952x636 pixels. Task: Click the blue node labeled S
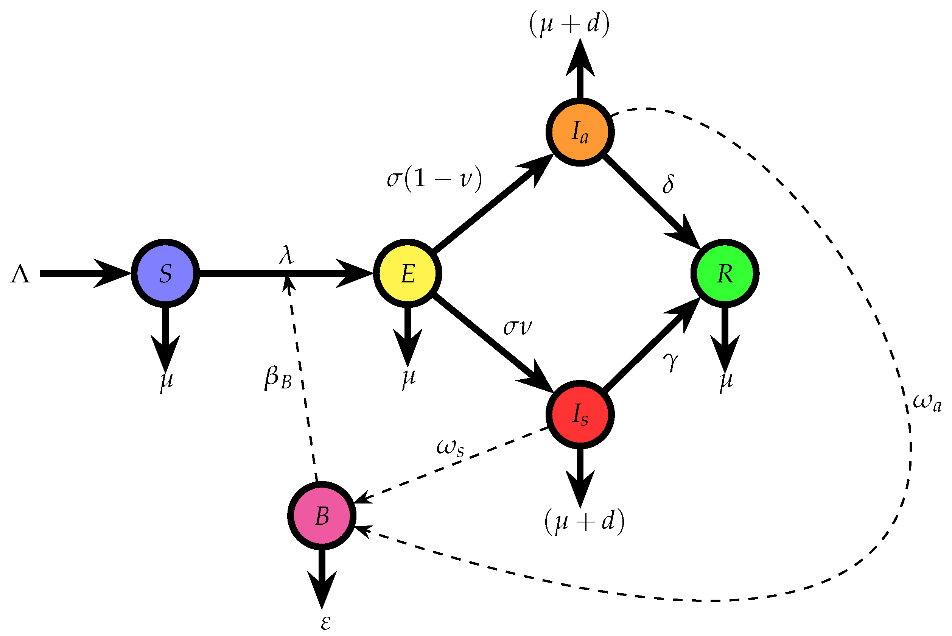(165, 274)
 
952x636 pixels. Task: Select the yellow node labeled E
(408, 274)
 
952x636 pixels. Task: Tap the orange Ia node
(580, 132)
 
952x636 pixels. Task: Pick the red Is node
(580, 415)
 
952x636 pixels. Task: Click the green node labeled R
(725, 274)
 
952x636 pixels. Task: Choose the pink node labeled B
(322, 516)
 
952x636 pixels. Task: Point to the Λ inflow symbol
(20, 274)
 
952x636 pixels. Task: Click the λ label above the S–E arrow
(286, 256)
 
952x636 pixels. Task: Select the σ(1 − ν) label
(434, 178)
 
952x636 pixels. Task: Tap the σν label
(517, 327)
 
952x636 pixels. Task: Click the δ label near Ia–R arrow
(668, 184)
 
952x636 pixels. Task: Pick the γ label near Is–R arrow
(671, 361)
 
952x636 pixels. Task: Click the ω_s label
(450, 448)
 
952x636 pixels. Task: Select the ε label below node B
(325, 623)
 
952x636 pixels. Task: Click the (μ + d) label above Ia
(569, 24)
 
